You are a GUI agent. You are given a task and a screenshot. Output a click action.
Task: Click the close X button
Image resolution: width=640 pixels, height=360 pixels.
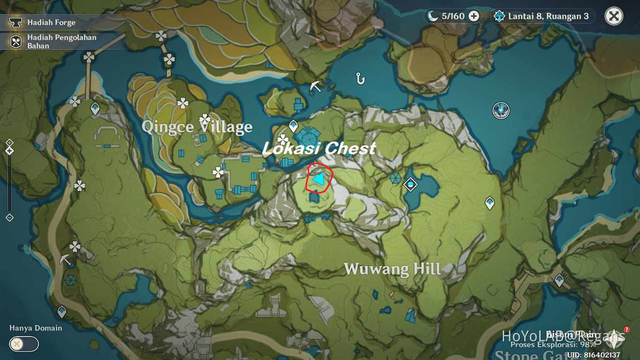point(613,16)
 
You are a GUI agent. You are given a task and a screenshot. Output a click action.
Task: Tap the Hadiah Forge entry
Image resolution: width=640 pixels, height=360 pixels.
point(51,22)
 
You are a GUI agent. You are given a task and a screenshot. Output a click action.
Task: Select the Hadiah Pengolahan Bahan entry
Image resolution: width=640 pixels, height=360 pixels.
point(61,42)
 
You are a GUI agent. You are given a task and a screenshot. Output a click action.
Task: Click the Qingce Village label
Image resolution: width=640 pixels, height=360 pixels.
point(197,127)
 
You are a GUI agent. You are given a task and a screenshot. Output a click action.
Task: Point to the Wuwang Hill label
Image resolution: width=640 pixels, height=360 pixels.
point(392,269)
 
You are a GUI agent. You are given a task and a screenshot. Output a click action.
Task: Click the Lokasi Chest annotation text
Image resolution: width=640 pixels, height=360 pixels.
point(319,149)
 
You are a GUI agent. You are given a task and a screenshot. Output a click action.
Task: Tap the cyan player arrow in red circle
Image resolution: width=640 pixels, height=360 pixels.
point(319,180)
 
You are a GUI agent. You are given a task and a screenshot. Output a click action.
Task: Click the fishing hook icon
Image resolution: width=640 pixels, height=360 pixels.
point(360,78)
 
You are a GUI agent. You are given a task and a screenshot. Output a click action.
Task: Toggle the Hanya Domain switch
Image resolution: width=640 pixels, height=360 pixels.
point(23,344)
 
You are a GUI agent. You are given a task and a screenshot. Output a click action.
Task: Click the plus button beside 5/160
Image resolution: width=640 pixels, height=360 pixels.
point(474,16)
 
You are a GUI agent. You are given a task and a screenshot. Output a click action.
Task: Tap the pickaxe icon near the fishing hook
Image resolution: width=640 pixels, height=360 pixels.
point(316,86)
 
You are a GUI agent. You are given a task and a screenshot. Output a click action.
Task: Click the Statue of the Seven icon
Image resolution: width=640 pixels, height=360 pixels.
point(501,111)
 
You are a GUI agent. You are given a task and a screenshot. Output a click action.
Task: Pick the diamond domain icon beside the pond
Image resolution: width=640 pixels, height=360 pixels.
point(410,184)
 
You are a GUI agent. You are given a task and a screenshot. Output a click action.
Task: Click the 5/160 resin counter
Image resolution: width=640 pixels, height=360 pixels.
point(447,16)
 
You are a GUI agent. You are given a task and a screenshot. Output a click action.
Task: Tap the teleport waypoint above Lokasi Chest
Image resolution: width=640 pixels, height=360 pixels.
point(293,126)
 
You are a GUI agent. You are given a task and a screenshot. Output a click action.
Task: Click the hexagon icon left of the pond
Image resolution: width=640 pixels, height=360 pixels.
point(395,178)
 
